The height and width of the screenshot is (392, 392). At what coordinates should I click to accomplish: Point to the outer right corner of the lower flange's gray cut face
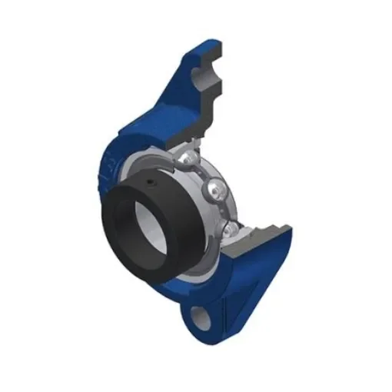click(x=291, y=229)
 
